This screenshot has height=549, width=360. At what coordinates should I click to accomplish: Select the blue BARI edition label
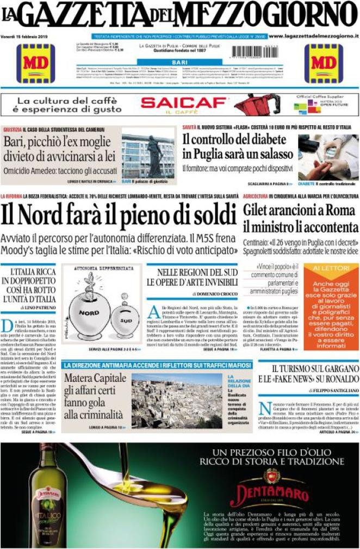coord(179,63)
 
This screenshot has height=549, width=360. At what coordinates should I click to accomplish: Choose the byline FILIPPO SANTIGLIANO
coord(334,390)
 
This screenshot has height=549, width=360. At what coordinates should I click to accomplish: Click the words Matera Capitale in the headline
coord(95,378)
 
